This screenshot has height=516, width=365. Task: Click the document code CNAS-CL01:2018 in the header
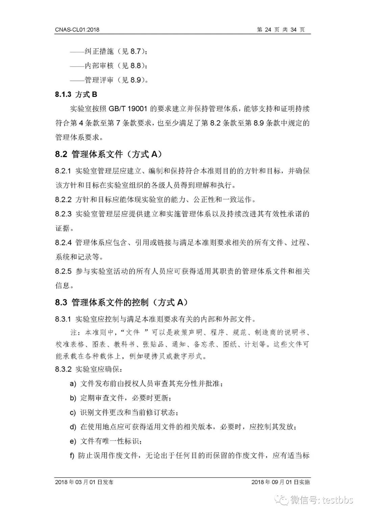click(x=77, y=30)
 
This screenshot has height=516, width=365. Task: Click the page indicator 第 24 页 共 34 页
click(x=281, y=30)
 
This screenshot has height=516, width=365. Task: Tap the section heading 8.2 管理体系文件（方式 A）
click(x=108, y=154)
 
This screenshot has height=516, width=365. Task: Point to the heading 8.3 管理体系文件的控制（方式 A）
click(x=121, y=302)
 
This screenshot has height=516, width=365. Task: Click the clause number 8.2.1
click(x=63, y=171)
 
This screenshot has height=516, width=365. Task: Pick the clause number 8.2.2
click(x=63, y=200)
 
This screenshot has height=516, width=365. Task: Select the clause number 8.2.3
click(x=63, y=214)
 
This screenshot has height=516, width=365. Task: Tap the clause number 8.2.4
click(x=63, y=243)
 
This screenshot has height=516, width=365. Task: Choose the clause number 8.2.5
click(x=63, y=271)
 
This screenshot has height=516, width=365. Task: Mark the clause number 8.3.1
click(x=63, y=319)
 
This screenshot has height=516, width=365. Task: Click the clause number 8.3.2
click(x=63, y=369)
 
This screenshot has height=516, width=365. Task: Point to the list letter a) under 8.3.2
click(x=73, y=384)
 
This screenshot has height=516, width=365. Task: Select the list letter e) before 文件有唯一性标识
click(x=73, y=441)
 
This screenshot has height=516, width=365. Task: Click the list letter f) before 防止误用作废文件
click(x=72, y=456)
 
